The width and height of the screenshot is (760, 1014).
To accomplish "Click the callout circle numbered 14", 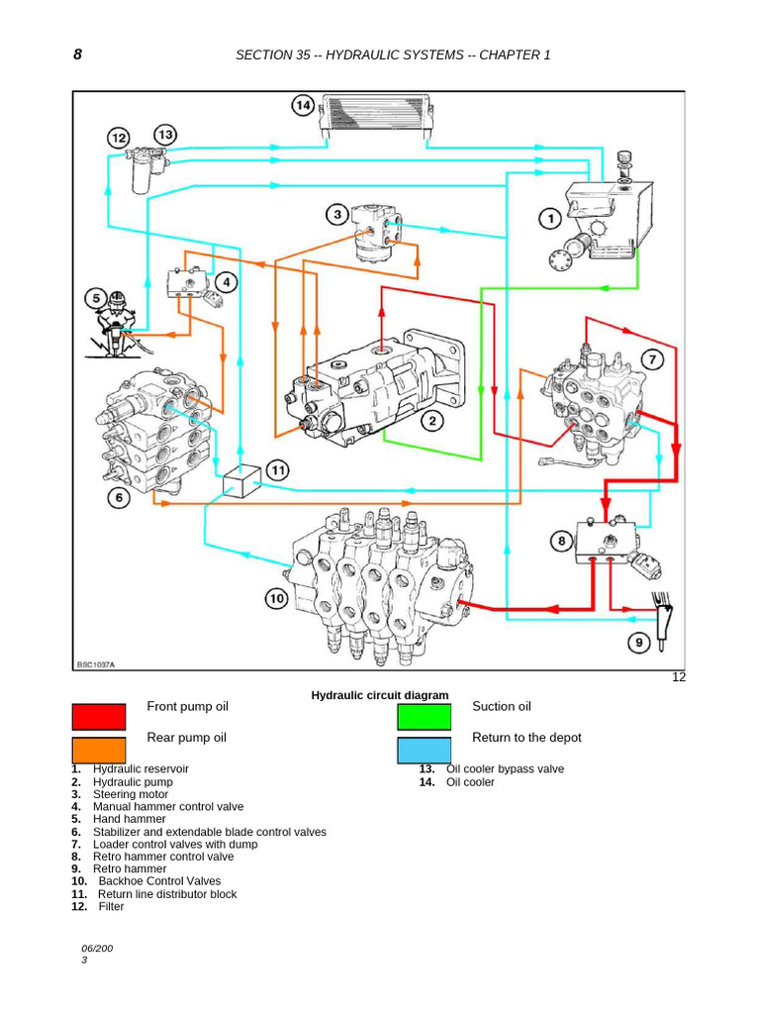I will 303,105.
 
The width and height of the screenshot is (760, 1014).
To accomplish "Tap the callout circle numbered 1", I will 548,218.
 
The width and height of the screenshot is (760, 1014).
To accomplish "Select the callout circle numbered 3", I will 337,215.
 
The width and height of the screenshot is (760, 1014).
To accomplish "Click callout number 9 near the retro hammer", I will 638,643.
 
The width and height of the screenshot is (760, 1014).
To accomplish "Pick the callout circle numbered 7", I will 652,359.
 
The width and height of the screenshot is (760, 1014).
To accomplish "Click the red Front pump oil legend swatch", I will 99,717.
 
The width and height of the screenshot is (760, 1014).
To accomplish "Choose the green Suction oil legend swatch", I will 425,717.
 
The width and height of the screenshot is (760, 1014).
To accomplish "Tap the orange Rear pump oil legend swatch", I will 99,750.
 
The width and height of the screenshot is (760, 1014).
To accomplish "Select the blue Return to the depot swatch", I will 425,750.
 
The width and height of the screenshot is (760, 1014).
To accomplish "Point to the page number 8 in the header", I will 78,54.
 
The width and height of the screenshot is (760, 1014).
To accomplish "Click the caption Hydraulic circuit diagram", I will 380,696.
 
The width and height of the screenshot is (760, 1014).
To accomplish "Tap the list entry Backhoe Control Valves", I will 159,880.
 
